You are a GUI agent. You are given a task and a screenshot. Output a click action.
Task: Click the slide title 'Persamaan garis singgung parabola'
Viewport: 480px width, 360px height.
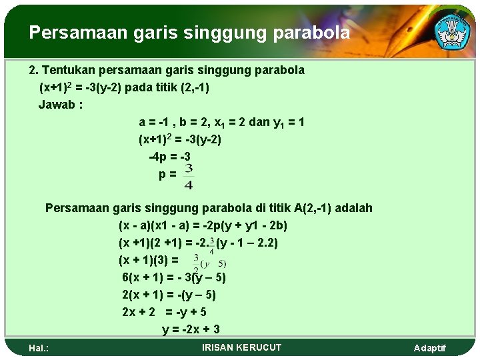(x=189, y=33)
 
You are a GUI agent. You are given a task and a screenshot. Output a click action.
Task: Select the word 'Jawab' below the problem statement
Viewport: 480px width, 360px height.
(x=57, y=105)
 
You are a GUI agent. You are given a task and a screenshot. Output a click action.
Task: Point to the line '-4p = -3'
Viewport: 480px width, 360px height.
(x=169, y=157)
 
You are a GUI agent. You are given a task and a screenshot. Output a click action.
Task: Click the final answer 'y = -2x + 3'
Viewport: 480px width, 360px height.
(x=191, y=329)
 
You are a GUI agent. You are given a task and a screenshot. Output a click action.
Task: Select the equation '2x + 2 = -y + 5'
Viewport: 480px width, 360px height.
(x=164, y=312)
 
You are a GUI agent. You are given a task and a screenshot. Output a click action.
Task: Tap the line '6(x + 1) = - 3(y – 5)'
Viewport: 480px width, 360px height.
(x=174, y=277)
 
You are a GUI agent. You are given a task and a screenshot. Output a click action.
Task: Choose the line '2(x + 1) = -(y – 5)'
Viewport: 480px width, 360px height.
(x=169, y=295)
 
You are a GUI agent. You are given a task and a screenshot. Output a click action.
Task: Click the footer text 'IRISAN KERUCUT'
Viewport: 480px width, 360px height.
(x=241, y=347)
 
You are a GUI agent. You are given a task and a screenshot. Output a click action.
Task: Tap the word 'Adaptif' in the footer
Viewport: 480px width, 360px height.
(x=430, y=348)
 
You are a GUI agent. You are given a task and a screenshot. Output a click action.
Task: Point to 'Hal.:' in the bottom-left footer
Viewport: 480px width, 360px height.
(x=39, y=348)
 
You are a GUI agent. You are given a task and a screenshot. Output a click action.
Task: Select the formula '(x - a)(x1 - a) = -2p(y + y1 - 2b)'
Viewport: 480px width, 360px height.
(x=203, y=225)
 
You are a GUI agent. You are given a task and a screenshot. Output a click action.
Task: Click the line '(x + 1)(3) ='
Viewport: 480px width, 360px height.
(x=149, y=260)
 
